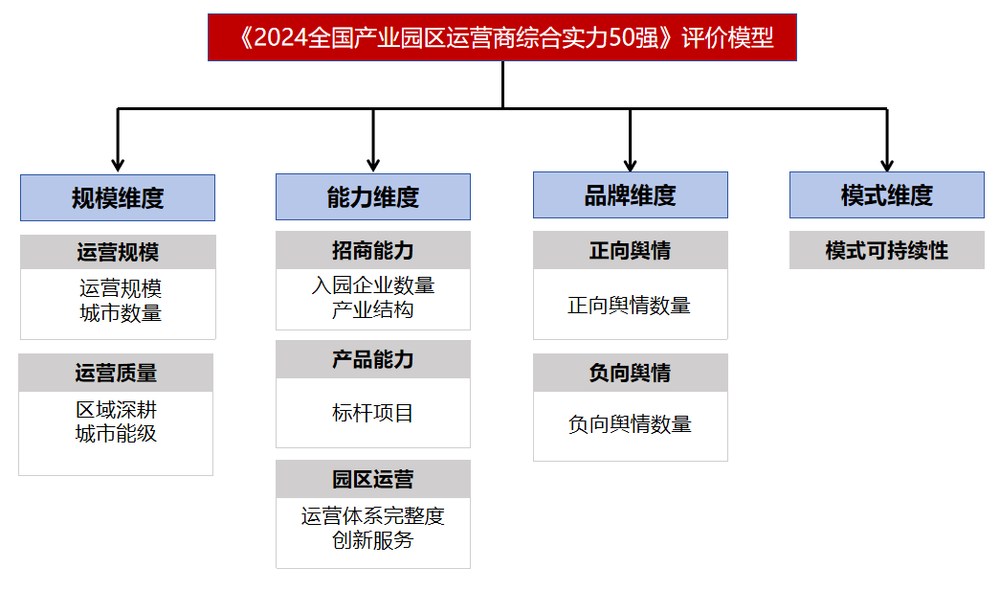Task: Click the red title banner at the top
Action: (501, 37)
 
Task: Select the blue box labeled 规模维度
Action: (118, 198)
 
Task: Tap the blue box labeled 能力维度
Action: (373, 197)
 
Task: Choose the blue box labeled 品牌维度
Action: (630, 195)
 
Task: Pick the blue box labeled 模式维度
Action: (886, 195)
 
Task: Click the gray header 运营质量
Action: (116, 373)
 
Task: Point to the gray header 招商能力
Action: (373, 251)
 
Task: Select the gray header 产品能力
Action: (373, 359)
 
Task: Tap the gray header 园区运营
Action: (373, 479)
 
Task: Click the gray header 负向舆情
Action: (630, 373)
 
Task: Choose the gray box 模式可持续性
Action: (886, 251)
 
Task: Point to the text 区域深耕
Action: (116, 410)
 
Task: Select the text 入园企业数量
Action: (373, 285)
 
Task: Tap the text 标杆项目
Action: (373, 413)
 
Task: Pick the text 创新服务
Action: (373, 540)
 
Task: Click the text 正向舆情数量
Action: (629, 306)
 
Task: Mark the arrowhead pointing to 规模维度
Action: (118, 164)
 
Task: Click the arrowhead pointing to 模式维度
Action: (887, 162)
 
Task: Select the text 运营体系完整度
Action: (373, 516)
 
